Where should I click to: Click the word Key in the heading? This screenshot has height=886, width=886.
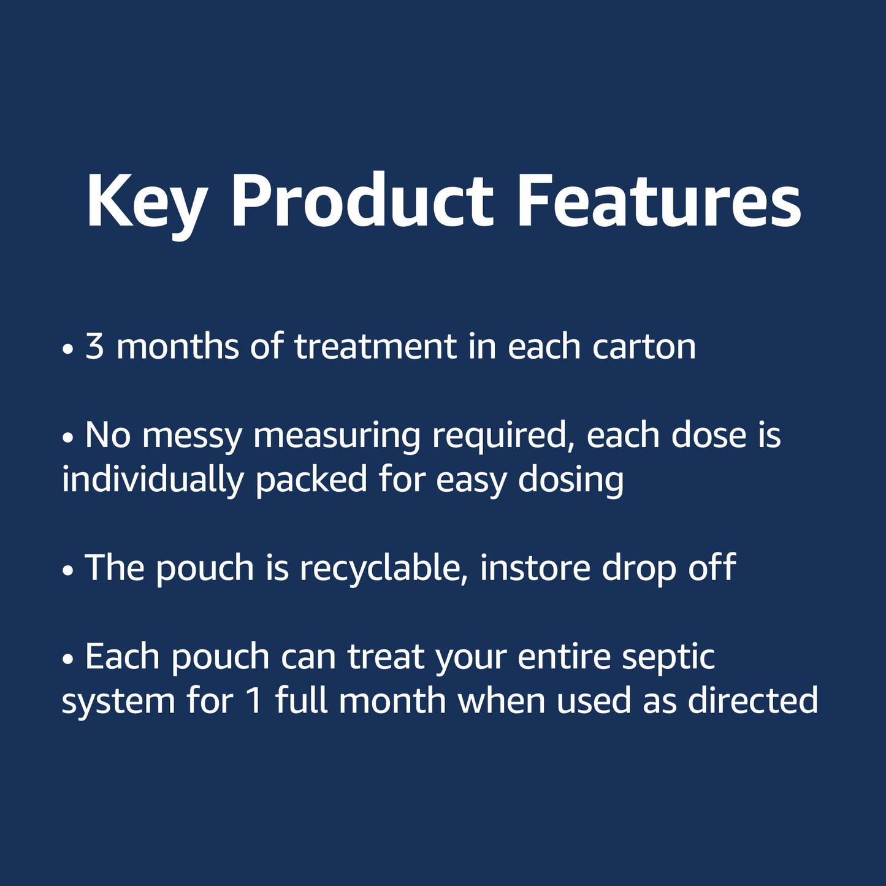(x=146, y=202)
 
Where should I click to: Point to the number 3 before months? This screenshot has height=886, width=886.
(x=94, y=346)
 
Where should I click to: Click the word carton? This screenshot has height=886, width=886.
(x=644, y=348)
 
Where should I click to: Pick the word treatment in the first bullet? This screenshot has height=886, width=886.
(x=375, y=346)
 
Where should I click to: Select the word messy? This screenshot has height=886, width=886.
(x=192, y=437)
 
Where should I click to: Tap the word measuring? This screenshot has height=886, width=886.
(x=337, y=437)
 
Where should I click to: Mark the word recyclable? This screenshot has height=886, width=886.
(x=380, y=569)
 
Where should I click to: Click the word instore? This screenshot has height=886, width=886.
(x=535, y=568)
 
